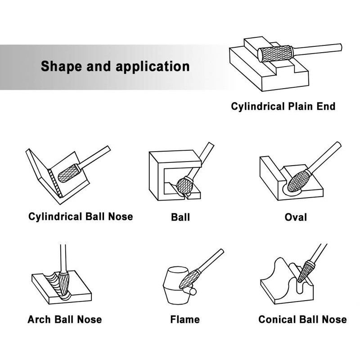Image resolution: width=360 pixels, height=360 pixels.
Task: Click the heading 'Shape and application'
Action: point(115,66)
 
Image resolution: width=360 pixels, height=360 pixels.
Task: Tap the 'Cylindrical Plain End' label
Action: point(283,107)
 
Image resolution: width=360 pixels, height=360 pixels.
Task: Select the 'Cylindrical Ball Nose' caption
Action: point(81,216)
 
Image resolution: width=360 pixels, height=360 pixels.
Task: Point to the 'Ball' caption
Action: point(180,217)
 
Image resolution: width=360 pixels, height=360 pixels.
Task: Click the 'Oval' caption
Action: point(296,217)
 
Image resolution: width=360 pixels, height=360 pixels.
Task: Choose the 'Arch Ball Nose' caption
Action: point(65,319)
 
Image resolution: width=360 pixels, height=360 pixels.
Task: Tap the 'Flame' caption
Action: point(185,319)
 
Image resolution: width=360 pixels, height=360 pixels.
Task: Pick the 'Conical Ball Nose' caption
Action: point(302,319)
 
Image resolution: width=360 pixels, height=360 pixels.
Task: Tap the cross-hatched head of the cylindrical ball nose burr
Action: point(68,173)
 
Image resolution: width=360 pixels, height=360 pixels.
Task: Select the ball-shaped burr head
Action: point(184,186)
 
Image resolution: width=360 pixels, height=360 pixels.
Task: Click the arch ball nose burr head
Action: point(63,284)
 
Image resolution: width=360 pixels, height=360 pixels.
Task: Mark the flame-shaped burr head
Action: point(189,279)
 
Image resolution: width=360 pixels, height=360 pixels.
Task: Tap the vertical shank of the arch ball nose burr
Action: point(63,258)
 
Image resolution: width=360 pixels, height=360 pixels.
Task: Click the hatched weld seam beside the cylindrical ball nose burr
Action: point(55,183)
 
